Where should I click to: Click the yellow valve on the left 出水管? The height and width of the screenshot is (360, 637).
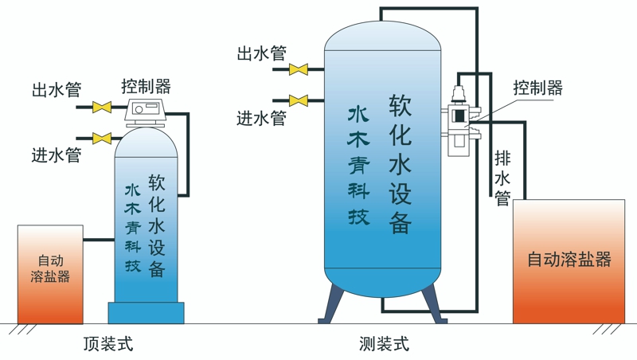click(x=102, y=107)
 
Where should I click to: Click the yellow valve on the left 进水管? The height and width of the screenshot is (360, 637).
click(x=102, y=139)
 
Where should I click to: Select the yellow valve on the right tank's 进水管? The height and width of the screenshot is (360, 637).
click(x=299, y=101)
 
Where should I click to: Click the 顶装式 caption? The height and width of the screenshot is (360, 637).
click(x=108, y=344)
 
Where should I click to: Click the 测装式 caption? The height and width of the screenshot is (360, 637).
click(x=384, y=344)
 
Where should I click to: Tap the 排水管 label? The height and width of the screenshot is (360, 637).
click(x=502, y=177)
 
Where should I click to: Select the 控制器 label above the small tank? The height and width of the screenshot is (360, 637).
click(x=147, y=85)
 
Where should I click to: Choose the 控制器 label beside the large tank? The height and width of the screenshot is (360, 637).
click(x=537, y=87)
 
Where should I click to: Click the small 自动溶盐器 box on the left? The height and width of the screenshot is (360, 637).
click(x=50, y=274)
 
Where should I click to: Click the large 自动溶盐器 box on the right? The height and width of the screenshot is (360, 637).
click(x=569, y=260)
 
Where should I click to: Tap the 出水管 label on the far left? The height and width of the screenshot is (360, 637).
click(x=57, y=89)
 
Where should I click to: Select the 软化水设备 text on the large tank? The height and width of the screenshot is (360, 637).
click(x=400, y=164)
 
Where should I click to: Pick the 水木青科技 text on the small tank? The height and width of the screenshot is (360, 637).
click(x=132, y=228)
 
